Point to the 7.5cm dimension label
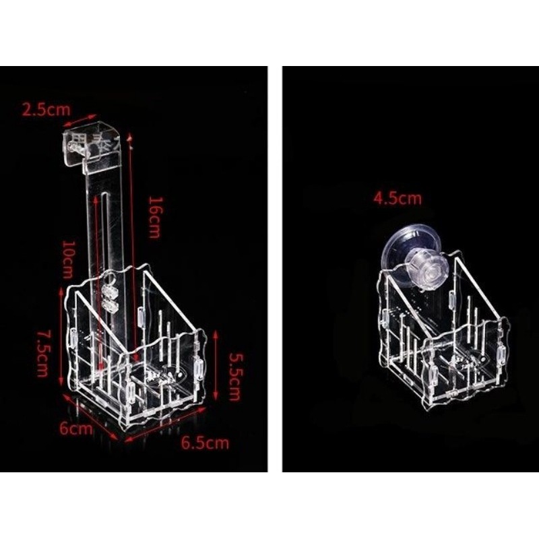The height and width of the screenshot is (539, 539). pyautogui.click(x=43, y=354)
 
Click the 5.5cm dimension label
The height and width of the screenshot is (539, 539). pyautogui.click(x=234, y=376)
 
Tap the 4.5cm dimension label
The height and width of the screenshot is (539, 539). pyautogui.click(x=398, y=198)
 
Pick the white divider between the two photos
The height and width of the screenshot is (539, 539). pyautogui.click(x=275, y=269)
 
